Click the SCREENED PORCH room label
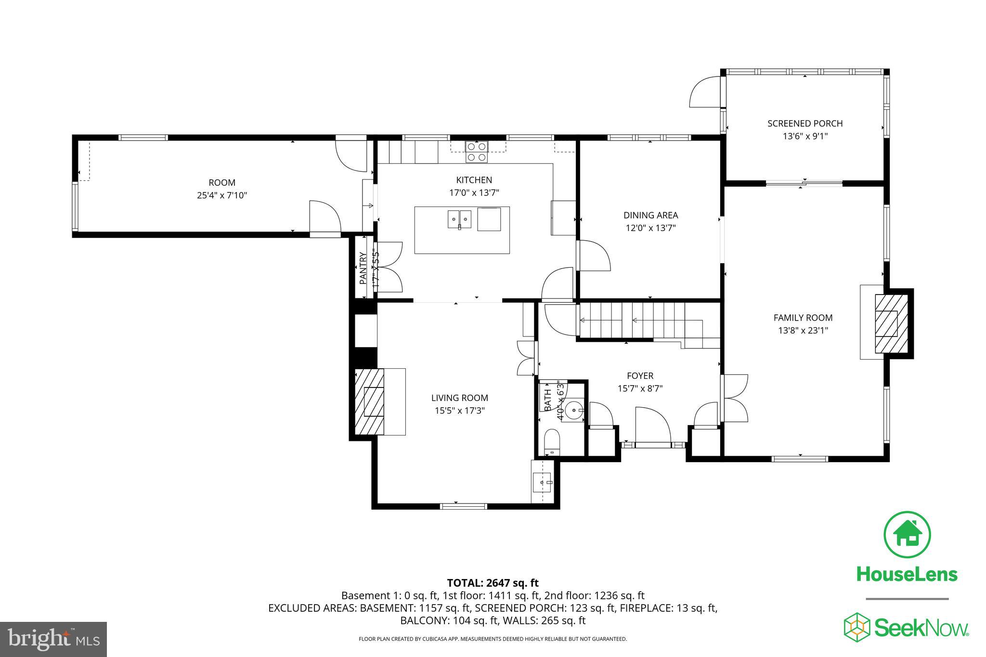pos(805,123)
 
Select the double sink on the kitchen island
pos(459,219)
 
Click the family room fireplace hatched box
pos(891,323)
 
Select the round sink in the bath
pos(574,411)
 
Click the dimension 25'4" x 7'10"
pos(222,195)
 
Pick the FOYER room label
pos(640,375)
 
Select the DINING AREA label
pos(650,215)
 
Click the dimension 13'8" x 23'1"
pos(803,331)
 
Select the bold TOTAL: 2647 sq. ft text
pos(493,583)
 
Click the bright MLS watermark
pos(53,639)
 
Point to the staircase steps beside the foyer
pos(645,320)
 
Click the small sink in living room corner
pos(543,481)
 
